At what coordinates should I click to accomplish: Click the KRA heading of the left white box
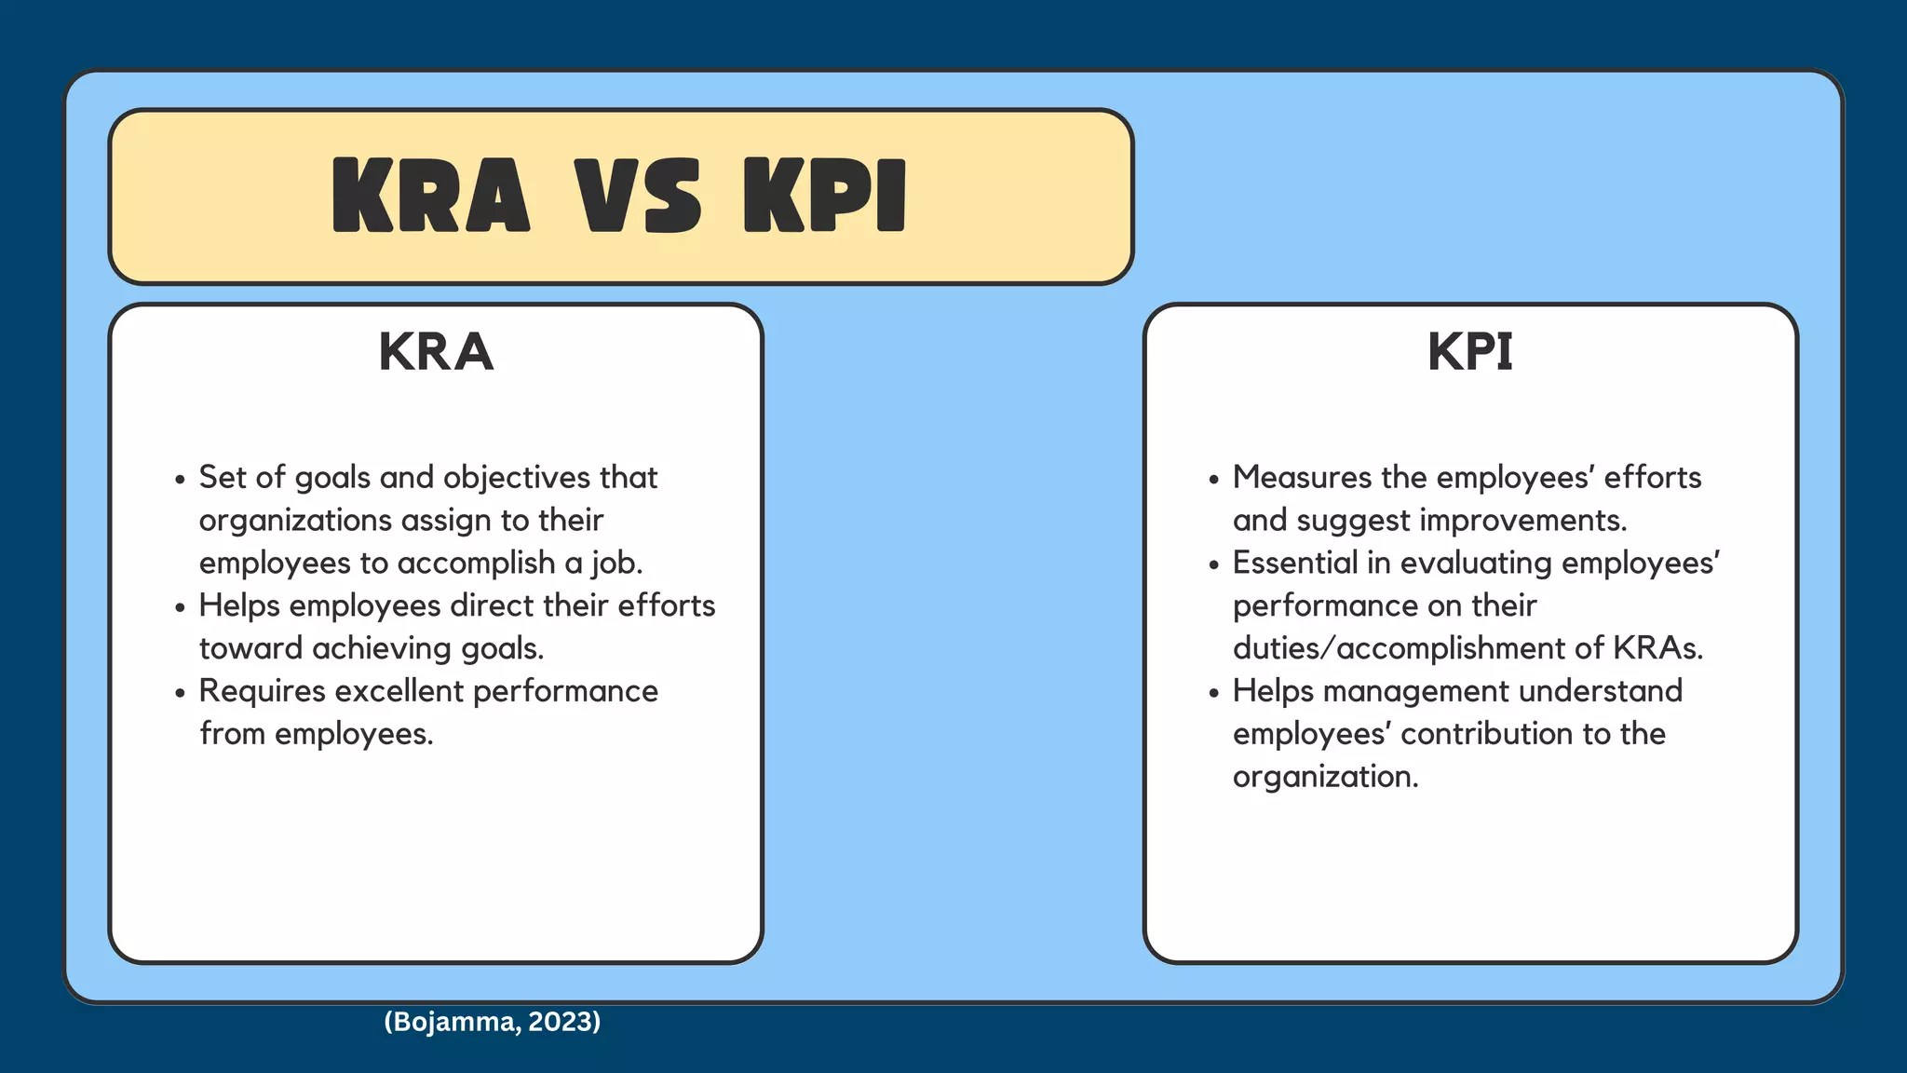pos(436,352)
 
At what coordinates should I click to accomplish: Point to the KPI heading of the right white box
pos(1470,352)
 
